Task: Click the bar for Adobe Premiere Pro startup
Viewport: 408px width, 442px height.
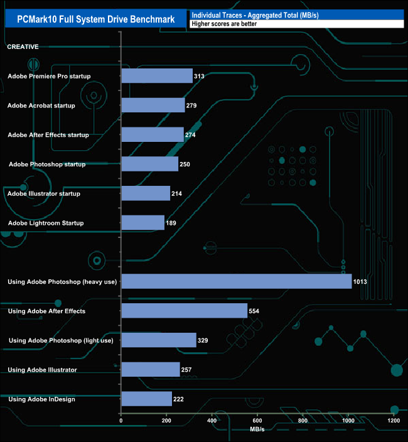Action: (x=156, y=76)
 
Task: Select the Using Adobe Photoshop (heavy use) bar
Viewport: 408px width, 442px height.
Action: (x=236, y=281)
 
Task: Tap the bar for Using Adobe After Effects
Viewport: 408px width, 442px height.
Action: (x=184, y=311)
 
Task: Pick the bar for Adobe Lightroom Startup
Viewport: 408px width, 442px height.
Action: (x=142, y=223)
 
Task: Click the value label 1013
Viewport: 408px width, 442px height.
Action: (x=360, y=282)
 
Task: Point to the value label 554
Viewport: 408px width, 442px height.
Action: (x=254, y=311)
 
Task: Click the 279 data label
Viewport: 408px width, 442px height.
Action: (x=191, y=105)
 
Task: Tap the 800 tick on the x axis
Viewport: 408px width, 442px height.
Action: (x=303, y=420)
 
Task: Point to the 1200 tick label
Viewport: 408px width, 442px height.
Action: (x=393, y=420)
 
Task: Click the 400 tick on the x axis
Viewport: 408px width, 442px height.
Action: (x=212, y=420)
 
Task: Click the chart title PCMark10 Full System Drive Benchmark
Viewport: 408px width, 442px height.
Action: (x=96, y=19)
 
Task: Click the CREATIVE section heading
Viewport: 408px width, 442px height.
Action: (x=23, y=46)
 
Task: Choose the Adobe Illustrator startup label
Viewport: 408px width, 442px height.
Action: (x=44, y=193)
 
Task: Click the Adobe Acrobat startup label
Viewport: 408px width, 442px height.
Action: (x=41, y=105)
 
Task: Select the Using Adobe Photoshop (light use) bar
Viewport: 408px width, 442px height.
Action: (x=158, y=340)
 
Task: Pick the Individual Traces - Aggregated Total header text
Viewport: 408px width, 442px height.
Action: (x=255, y=14)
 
